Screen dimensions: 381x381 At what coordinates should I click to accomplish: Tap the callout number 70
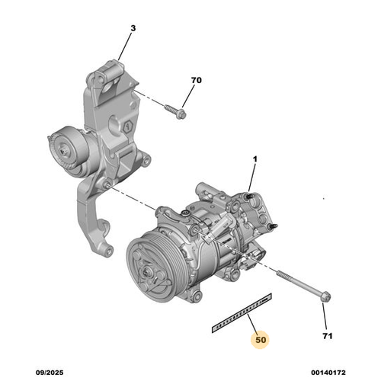pyautogui.click(x=196, y=78)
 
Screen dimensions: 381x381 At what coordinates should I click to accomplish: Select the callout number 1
pyautogui.click(x=256, y=161)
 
